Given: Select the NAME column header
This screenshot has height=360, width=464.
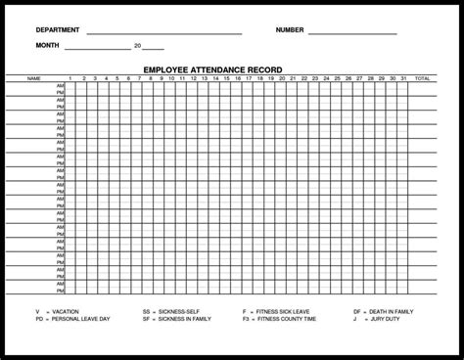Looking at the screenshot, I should click(34, 77).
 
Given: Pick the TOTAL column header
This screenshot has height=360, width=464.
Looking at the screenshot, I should click(422, 77).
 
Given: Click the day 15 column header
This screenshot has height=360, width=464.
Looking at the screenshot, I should click(227, 77).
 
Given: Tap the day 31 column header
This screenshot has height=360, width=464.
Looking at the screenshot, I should click(403, 77).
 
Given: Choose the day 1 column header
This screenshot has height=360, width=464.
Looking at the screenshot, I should click(70, 77).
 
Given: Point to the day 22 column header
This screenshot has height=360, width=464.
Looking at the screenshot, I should click(304, 77).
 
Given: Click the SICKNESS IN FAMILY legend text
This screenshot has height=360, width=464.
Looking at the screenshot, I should click(193, 319).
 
